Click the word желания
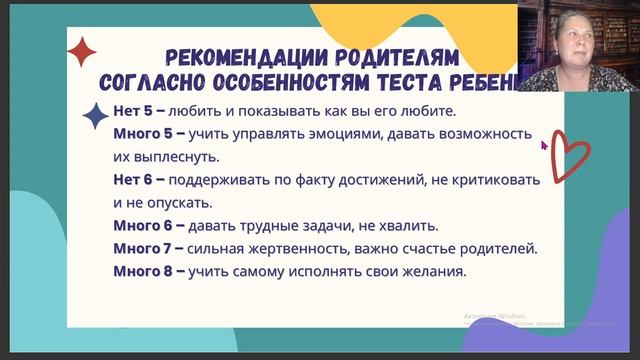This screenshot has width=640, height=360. click(x=436, y=271)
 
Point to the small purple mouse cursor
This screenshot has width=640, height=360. click(x=544, y=145)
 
